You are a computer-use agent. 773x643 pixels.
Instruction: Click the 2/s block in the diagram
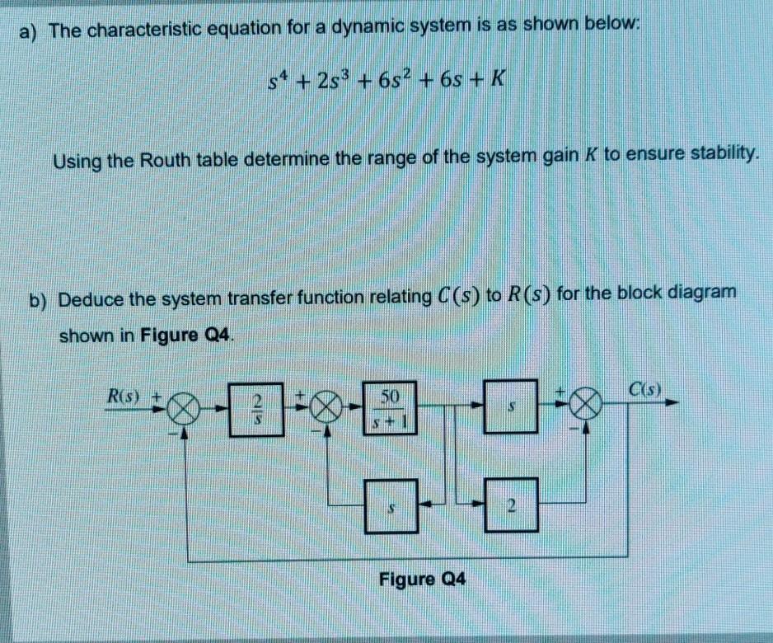256,406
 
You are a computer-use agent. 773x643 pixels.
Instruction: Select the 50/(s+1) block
390,408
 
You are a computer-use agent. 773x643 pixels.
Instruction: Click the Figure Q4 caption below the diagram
423,580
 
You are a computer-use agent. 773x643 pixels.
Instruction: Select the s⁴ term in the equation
277,82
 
